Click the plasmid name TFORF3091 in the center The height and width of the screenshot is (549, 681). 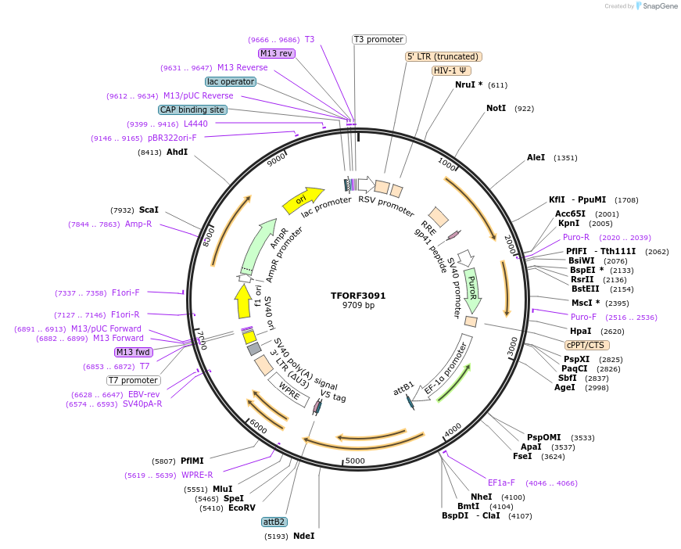coord(358,296)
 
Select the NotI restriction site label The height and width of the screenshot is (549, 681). coord(496,109)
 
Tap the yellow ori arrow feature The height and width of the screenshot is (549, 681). coord(302,201)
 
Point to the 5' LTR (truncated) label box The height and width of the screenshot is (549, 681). coord(443,56)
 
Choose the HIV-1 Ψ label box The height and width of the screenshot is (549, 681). coord(451,70)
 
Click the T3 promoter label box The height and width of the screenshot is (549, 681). coord(378,39)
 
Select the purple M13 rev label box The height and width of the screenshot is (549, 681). coord(277,53)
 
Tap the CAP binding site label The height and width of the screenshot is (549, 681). coord(192,110)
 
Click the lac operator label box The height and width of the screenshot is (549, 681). coord(231,81)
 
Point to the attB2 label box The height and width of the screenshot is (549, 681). coord(274,522)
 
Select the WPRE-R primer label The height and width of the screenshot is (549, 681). coord(197,475)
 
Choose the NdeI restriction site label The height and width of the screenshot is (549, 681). coord(303,536)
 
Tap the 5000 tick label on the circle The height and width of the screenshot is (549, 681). coord(355,461)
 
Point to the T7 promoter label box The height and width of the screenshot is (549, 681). coord(134,380)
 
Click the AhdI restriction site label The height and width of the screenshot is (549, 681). coord(177,152)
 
